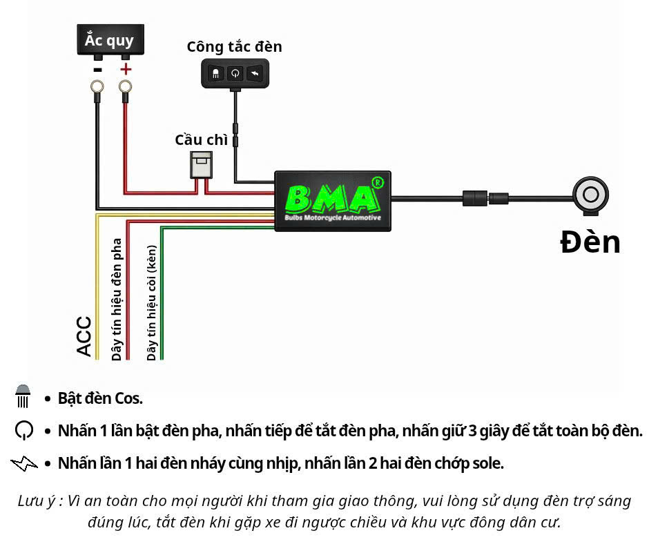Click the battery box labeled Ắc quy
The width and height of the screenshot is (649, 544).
[x=109, y=39]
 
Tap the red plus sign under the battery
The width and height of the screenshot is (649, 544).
[x=125, y=69]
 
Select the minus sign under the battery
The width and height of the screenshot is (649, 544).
[x=98, y=69]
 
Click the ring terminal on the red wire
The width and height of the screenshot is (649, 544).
[x=125, y=87]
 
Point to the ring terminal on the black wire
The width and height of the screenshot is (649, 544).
[x=97, y=87]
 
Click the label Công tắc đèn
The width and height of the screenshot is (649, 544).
[x=234, y=47]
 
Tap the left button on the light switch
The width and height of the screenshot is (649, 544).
[x=215, y=73]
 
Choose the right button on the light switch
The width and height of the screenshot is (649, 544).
[x=255, y=73]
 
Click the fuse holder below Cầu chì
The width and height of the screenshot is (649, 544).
[x=202, y=164]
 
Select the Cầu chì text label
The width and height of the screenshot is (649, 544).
[x=201, y=139]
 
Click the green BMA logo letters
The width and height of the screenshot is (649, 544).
[x=333, y=199]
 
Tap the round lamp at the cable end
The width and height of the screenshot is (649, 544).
[x=590, y=195]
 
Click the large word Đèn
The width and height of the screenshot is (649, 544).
[x=590, y=242]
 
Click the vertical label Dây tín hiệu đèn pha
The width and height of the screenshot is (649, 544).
[x=117, y=299]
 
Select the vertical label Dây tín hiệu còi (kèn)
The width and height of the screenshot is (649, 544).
[x=152, y=303]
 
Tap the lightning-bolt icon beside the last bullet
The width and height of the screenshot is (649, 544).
[x=24, y=463]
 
